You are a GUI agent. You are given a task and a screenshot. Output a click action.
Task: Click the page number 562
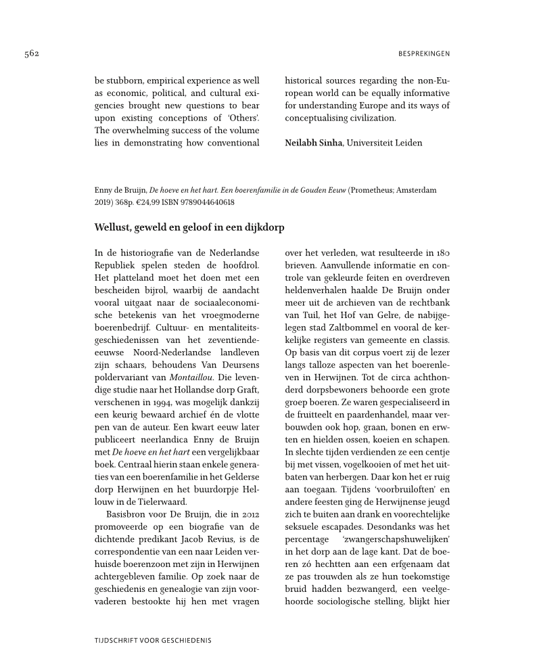[x=30, y=54]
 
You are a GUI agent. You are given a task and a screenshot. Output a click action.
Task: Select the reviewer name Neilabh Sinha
[x=314, y=143]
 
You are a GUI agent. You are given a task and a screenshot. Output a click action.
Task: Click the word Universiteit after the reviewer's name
[x=373, y=143]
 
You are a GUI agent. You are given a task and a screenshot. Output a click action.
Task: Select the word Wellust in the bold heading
[x=114, y=227]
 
